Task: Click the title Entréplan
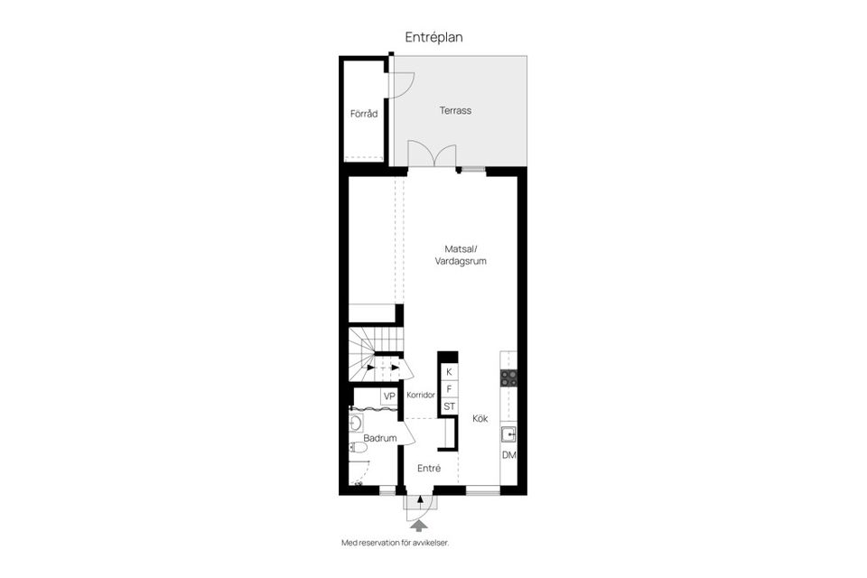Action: tap(433, 37)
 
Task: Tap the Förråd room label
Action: tap(363, 114)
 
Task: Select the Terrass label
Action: tap(455, 110)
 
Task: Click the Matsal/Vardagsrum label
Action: tap(460, 255)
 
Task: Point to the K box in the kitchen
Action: tap(449, 371)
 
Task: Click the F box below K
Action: tap(449, 388)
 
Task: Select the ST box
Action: tap(449, 406)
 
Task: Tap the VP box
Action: tap(389, 396)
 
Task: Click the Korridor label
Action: tap(422, 396)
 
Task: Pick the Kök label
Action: tap(480, 418)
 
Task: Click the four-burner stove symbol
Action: tap(509, 378)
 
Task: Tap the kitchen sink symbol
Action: tap(508, 433)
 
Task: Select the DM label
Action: tap(508, 454)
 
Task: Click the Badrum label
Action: tap(380, 438)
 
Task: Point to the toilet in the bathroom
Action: tap(357, 446)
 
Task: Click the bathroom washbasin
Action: tap(356, 422)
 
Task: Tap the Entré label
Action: tap(429, 468)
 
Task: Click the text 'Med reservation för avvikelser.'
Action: tap(395, 543)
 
